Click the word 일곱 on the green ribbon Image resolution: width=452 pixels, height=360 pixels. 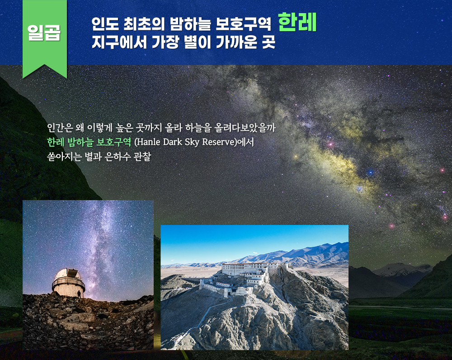click(x=44, y=32)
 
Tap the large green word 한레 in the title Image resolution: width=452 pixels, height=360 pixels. click(x=297, y=22)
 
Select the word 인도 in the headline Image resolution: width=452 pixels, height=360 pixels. click(x=105, y=24)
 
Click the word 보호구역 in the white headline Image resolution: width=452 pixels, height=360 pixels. click(x=243, y=24)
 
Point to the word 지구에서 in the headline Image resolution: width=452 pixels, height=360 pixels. click(x=119, y=42)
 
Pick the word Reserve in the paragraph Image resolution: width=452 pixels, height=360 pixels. click(x=217, y=142)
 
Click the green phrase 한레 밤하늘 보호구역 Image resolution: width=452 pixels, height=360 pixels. click(x=89, y=142)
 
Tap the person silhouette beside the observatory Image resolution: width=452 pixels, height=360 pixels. click(x=79, y=294)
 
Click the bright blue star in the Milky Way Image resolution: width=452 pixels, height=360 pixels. click(x=370, y=173)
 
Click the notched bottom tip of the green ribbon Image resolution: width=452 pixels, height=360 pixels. click(x=45, y=65)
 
